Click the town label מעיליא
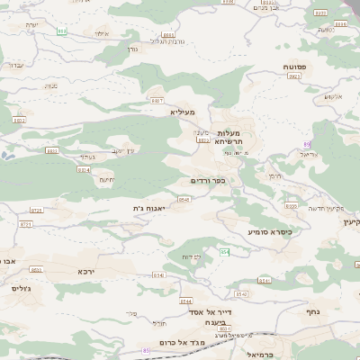click(x=182, y=112)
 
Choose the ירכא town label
click(x=85, y=271)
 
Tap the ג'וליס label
click(x=22, y=289)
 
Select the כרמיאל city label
click(x=258, y=354)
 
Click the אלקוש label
click(x=334, y=96)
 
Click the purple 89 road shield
click(x=307, y=144)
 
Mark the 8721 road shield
click(x=24, y=223)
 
